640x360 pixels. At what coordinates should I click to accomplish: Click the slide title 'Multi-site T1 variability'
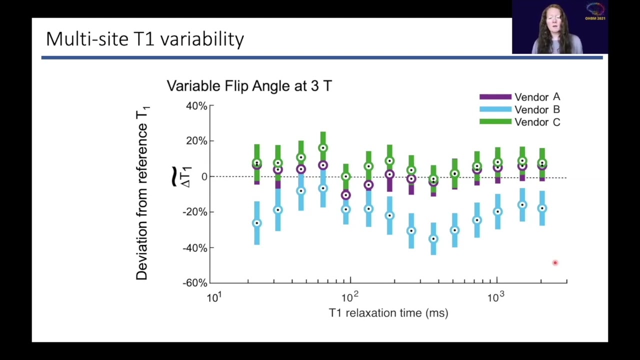pos(145,39)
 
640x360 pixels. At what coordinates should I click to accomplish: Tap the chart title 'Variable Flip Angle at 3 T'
pos(249,86)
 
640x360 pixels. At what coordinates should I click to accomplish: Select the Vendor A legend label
pos(537,97)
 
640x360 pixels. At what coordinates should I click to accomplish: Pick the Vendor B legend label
pos(537,109)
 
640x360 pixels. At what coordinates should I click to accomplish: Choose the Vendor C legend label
pos(537,122)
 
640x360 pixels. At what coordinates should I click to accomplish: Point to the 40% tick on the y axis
pos(196,106)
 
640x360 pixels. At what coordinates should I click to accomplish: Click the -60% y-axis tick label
pos(194,283)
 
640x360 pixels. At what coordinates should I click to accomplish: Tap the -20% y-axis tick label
pos(194,212)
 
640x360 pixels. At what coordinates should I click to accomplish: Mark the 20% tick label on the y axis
pos(196,141)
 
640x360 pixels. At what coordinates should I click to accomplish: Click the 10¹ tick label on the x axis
pos(213,297)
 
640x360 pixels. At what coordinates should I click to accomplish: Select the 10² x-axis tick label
pos(349,297)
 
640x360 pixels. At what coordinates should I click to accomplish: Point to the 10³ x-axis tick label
pos(495,297)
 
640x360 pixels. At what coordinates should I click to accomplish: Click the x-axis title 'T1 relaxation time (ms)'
pos(388,313)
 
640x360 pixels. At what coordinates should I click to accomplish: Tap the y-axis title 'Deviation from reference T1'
pos(142,193)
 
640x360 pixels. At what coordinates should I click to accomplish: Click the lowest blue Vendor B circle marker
pos(433,239)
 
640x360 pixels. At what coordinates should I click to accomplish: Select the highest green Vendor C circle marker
pos(323,148)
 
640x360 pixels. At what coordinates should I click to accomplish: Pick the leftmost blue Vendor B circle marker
pos(257,223)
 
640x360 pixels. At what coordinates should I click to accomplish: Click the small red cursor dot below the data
pos(555,262)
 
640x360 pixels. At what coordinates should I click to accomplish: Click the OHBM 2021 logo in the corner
pos(595,11)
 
